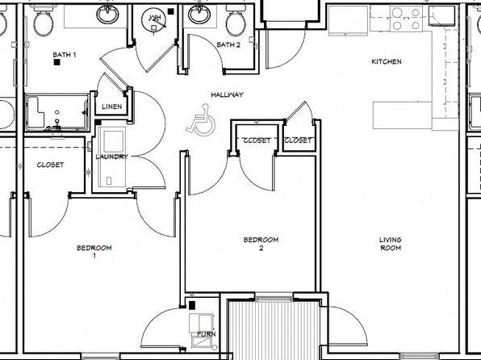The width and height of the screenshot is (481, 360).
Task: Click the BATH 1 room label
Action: tap(65, 55)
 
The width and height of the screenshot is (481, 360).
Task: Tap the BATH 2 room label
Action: tap(228, 45)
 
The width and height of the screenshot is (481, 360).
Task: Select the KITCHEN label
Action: tap(387, 61)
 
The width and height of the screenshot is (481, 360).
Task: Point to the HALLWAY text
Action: tap(227, 94)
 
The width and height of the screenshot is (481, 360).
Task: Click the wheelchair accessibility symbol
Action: tap(201, 120)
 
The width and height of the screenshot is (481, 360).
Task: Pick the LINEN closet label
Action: tap(112, 107)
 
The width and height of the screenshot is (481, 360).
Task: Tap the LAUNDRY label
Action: tap(111, 157)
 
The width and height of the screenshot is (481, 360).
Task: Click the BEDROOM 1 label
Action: tap(94, 251)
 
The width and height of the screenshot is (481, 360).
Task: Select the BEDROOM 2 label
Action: tap(261, 244)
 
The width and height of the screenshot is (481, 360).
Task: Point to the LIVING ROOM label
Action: tap(391, 244)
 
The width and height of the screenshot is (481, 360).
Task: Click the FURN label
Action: tap(207, 334)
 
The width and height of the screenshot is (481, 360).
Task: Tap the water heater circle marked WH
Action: tap(153, 19)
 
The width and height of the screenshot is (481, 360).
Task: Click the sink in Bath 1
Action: tap(107, 14)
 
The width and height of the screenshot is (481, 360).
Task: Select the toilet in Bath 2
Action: tap(236, 21)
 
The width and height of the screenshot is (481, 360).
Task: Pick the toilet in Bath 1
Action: tap(44, 21)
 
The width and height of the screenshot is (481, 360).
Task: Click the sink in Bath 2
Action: tap(199, 14)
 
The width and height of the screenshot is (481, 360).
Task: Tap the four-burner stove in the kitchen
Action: tap(406, 18)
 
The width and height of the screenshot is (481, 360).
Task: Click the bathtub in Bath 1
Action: tap(57, 113)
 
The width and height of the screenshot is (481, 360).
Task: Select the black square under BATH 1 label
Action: tap(56, 62)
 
